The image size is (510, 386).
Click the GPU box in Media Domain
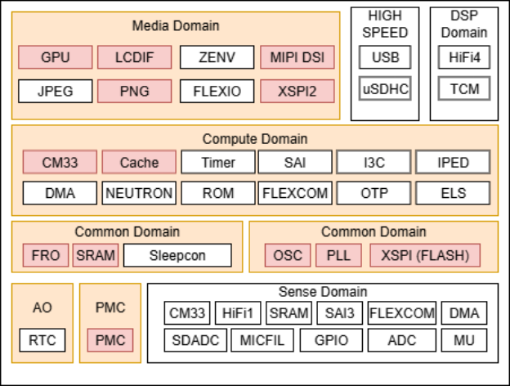tap(56, 57)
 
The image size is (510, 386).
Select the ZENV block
tap(217, 57)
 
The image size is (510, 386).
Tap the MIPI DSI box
tap(297, 57)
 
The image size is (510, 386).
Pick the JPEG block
tap(56, 91)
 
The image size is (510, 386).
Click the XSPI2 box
tap(297, 91)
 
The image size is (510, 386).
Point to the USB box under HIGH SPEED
tap(385, 57)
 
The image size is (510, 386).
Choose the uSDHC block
tap(385, 88)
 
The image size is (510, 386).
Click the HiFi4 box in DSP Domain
tap(464, 57)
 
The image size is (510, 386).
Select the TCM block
tap(464, 88)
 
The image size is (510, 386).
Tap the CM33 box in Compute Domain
tap(60, 162)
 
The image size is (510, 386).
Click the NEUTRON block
tap(139, 193)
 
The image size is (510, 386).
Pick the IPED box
tap(453, 162)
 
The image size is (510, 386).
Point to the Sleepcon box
tap(177, 255)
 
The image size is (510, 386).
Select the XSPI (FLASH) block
tap(425, 255)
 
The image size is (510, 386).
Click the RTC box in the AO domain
tap(42, 340)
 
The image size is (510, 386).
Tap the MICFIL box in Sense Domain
tap(262, 340)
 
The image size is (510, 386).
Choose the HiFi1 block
tap(238, 313)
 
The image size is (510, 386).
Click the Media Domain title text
tap(176, 25)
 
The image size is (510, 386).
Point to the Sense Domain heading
tap(323, 292)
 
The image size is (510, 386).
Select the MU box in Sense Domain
tap(464, 340)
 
